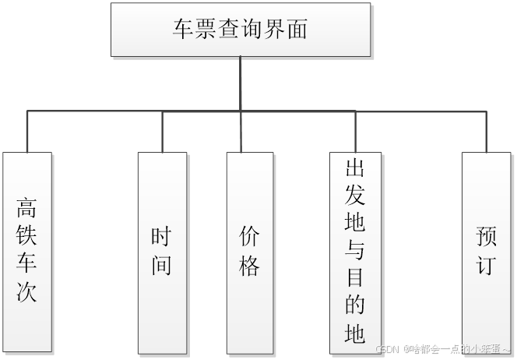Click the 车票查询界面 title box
coord(240,30)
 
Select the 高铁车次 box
coord(27,251)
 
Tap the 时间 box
coord(162,251)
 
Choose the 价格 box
coord(250,251)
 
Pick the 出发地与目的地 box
coord(354,251)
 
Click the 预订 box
coord(486,251)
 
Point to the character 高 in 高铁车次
coord(27,209)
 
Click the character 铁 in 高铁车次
coord(27,237)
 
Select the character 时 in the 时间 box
coord(162,238)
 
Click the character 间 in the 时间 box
coord(162,265)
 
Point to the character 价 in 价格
coord(250,238)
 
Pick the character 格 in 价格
coord(250,265)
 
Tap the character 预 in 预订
coord(486,238)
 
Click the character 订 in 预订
coord(486,265)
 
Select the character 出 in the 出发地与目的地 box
coord(354,168)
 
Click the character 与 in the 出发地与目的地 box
coord(354,251)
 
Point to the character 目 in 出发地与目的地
coord(354,278)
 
